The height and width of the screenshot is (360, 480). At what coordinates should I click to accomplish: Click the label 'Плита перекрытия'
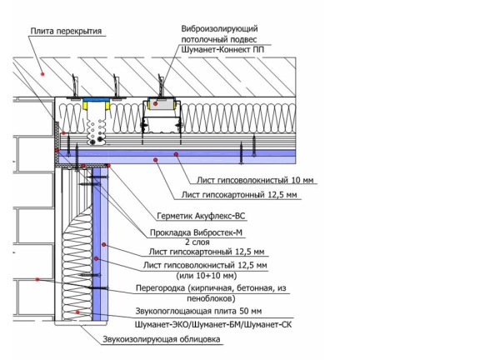tap(66, 31)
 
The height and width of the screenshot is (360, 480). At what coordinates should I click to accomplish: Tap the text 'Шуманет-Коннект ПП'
tap(222, 50)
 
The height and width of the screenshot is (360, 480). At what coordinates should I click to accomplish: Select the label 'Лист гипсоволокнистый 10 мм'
tap(255, 180)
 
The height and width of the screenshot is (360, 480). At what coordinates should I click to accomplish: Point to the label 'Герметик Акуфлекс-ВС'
tap(201, 216)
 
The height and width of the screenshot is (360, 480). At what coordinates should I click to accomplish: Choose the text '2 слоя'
tap(197, 242)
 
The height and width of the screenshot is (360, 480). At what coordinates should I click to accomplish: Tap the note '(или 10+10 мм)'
tap(207, 276)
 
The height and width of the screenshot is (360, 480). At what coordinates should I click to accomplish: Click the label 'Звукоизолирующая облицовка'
tap(162, 339)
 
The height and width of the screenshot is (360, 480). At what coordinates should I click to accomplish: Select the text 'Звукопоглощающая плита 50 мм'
tap(198, 311)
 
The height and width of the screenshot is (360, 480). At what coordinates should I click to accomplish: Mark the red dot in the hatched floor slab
tap(42, 74)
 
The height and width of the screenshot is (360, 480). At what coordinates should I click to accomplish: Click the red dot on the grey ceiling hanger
tap(155, 104)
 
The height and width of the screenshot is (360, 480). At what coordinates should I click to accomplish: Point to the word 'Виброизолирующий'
tap(219, 29)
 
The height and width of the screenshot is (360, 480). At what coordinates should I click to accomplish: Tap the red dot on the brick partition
tap(37, 279)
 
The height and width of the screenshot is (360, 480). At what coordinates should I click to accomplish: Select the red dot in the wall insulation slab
tap(77, 312)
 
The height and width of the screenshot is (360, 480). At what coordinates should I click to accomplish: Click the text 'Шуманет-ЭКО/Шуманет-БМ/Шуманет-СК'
tap(213, 324)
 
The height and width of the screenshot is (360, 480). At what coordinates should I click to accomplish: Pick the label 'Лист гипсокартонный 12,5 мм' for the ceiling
tap(239, 195)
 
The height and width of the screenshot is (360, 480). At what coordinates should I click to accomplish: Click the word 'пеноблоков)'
tap(211, 298)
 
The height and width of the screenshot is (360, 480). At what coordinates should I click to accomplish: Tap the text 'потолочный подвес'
tap(219, 39)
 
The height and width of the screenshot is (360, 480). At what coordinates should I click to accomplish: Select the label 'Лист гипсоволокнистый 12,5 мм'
tap(205, 265)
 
